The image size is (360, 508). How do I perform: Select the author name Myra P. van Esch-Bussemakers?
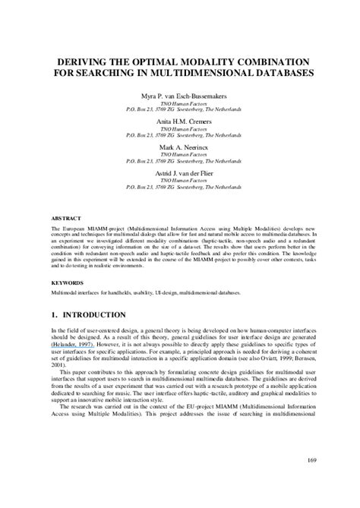[180, 96]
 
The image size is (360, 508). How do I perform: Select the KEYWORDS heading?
[67, 280]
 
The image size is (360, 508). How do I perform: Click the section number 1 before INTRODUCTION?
[55, 314]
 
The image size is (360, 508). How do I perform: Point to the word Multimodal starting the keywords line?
[66, 292]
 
